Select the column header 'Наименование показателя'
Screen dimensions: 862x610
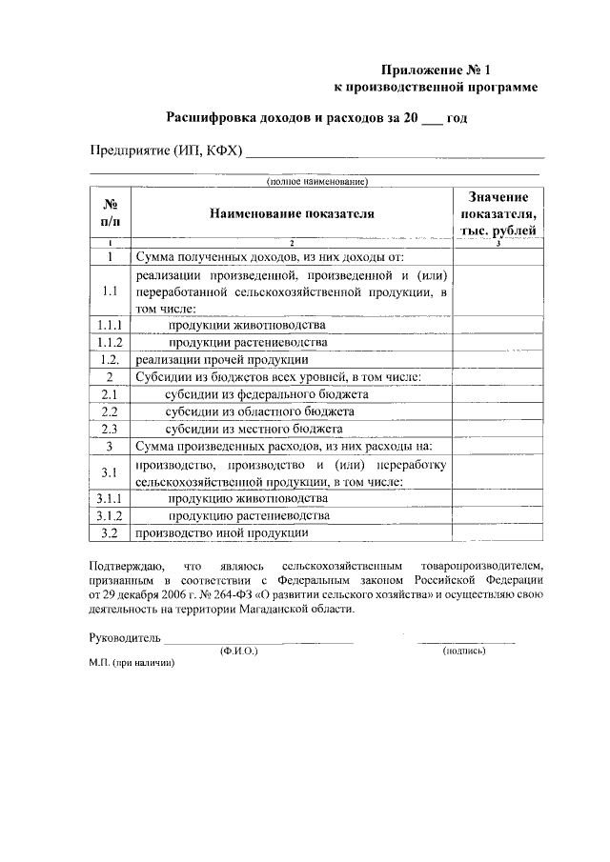click(293, 214)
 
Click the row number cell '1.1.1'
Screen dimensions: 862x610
click(110, 325)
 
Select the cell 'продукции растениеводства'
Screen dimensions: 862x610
click(248, 342)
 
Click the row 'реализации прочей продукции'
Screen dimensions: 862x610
click(221, 360)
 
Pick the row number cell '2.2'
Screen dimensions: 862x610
click(110, 411)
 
